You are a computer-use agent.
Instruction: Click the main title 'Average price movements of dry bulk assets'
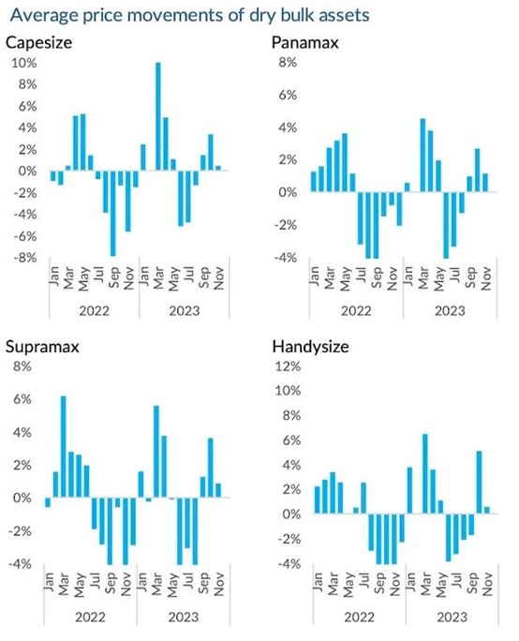click(189, 15)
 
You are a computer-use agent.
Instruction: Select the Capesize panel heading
click(38, 42)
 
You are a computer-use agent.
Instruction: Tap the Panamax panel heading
click(305, 42)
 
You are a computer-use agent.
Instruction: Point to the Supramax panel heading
click(42, 347)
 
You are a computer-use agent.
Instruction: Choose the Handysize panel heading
click(311, 347)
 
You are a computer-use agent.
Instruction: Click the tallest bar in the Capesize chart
click(157, 116)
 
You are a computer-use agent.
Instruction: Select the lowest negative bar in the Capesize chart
click(112, 213)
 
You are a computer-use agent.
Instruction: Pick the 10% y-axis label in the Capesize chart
click(24, 63)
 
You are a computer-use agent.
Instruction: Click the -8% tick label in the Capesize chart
click(24, 258)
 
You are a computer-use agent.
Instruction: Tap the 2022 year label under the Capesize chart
click(94, 311)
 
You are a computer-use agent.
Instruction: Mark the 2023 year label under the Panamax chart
click(450, 311)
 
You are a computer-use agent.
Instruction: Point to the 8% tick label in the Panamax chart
click(289, 63)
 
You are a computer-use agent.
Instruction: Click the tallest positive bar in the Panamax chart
click(423, 155)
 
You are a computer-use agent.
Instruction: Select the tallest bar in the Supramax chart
click(63, 447)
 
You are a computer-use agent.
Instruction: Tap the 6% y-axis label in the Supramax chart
click(22, 399)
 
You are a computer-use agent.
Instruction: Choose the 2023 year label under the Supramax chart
click(184, 617)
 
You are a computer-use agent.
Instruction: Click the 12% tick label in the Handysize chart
click(288, 365)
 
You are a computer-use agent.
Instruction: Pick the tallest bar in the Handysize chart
click(425, 474)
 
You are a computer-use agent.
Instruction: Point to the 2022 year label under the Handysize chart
click(359, 617)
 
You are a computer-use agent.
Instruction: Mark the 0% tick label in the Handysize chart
click(291, 514)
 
